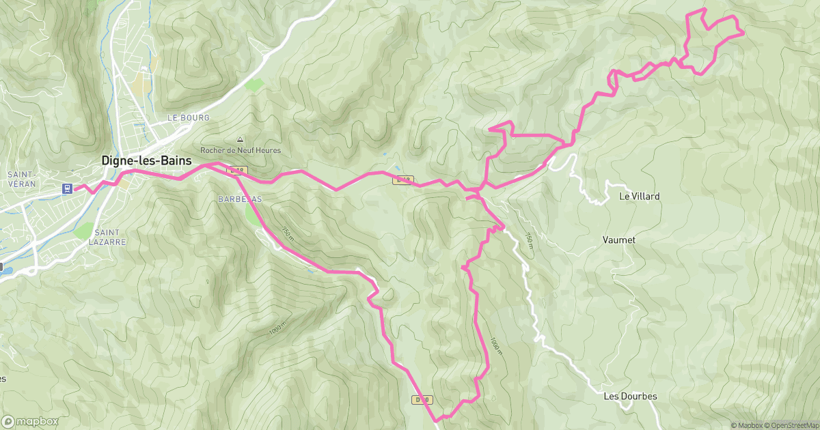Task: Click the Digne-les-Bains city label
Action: (x=147, y=161)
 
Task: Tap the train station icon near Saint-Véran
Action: (x=68, y=188)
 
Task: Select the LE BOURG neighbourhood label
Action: (x=189, y=118)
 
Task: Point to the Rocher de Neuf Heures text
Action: (x=240, y=150)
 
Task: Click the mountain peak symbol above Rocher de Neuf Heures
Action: (x=240, y=139)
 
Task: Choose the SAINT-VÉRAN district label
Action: (x=21, y=179)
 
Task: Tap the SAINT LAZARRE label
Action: (x=107, y=237)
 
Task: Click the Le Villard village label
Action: (x=639, y=196)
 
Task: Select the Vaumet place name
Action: (x=619, y=240)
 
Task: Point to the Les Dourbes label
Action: (x=630, y=397)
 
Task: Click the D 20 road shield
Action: (x=421, y=399)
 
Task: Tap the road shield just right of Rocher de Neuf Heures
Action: (x=236, y=169)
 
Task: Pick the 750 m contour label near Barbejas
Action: (x=287, y=234)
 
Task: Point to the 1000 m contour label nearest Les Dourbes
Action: (x=496, y=345)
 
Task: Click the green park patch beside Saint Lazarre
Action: (x=83, y=231)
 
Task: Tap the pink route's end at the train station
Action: (x=74, y=188)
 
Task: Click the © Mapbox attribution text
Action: (x=747, y=425)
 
